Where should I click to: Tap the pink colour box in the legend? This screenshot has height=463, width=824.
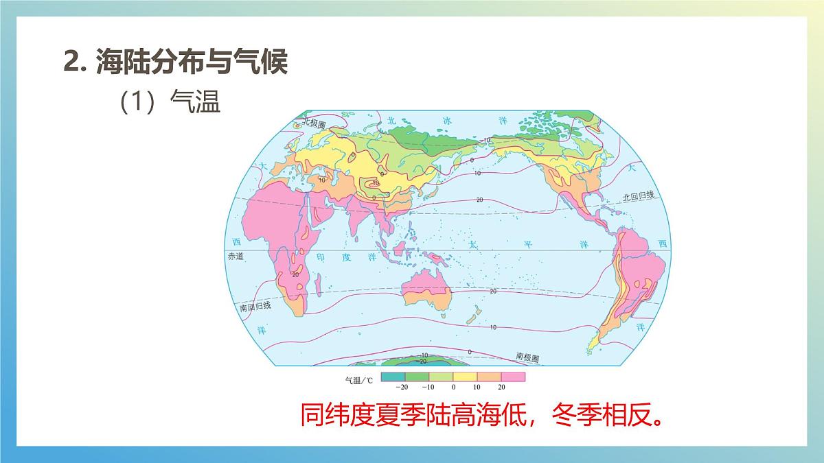512,377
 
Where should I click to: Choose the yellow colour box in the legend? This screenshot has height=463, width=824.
464,377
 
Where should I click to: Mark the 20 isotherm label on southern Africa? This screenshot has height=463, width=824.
295,274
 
